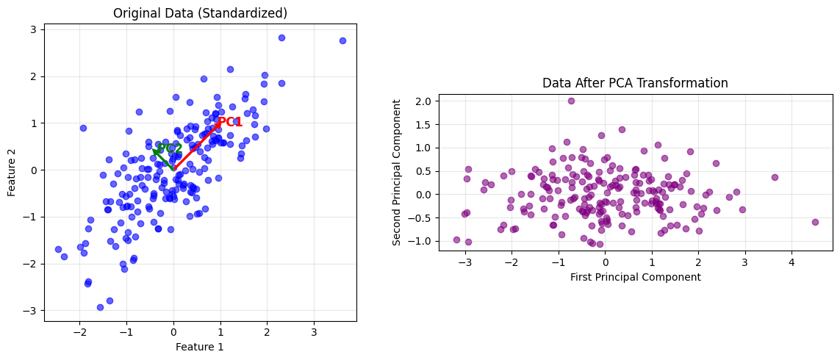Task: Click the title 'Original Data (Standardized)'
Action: (200, 13)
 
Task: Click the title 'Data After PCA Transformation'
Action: (635, 83)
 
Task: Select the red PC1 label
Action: (230, 122)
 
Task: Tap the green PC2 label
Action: (170, 148)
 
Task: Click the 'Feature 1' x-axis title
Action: (200, 347)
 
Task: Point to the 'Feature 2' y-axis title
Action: (12, 170)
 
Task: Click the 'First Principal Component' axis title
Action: (635, 277)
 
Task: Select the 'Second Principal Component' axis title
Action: (397, 172)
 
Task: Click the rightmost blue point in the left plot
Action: (342, 40)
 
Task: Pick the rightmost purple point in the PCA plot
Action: (815, 222)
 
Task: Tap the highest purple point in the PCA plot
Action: (571, 101)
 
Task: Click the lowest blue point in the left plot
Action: (100, 307)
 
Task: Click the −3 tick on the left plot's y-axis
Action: (32, 311)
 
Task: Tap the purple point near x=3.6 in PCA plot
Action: (775, 177)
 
